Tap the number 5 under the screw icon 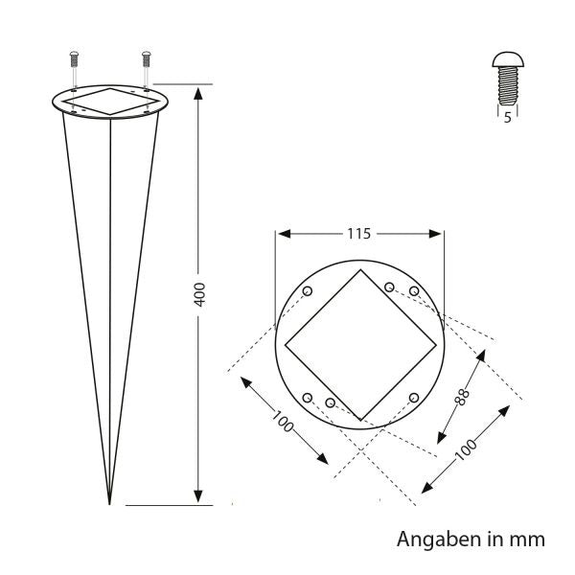(x=506, y=119)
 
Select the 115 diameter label (x=359, y=233)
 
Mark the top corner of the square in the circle (x=360, y=271)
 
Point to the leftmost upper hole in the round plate (x=307, y=291)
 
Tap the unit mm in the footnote (x=527, y=540)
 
